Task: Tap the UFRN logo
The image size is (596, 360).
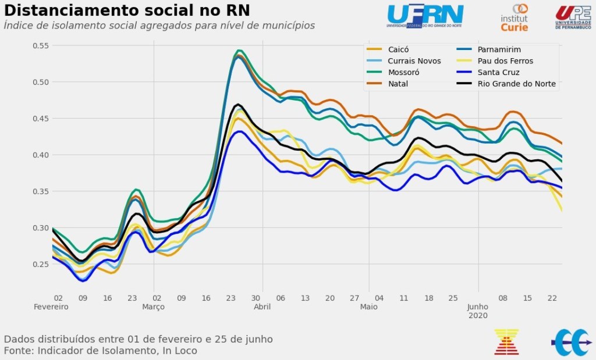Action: tap(425, 16)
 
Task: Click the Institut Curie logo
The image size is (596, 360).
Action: tap(515, 17)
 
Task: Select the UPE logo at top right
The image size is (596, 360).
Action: tap(573, 16)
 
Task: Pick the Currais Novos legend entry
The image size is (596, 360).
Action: tap(414, 61)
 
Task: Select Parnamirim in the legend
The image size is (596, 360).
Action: tap(499, 49)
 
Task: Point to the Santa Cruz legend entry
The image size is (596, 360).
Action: tap(498, 73)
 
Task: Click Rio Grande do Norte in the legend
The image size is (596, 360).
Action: tap(516, 84)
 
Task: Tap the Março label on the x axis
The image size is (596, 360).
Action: tap(154, 306)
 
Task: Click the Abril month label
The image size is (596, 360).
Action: tap(262, 306)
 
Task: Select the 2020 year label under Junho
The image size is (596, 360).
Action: tap(478, 315)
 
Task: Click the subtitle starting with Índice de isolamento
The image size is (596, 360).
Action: tap(159, 26)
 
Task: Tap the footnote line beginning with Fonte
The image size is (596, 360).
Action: tap(100, 351)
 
